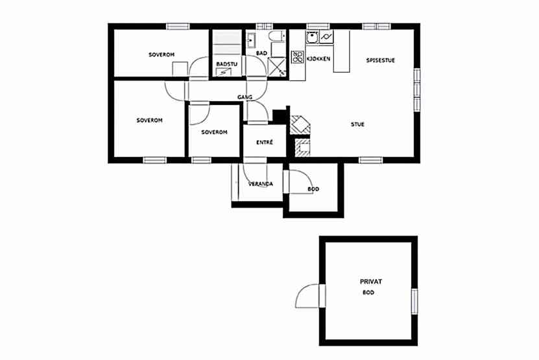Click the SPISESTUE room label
380,60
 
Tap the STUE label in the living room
357,125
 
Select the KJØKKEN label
318,58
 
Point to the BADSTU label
226,64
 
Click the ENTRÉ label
265,142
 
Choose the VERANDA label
261,184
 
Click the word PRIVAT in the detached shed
371,282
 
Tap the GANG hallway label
245,97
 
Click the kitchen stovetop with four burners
298,57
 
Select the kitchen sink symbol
312,37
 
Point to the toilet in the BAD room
278,36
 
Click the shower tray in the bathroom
277,67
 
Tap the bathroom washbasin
250,39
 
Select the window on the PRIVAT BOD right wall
414,301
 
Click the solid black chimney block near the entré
280,115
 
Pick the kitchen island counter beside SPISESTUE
341,51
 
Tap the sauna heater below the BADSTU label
223,72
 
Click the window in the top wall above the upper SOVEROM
178,27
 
